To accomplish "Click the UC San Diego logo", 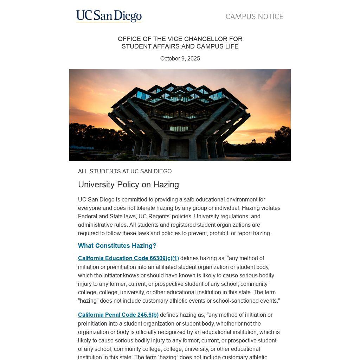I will pos(109,16).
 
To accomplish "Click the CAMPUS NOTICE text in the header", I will pos(254,17).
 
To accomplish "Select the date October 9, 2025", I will pos(180,59).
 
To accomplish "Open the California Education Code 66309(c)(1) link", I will pos(128,258).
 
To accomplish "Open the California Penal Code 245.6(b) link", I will pos(118,315).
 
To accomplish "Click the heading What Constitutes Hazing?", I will pos(117,246).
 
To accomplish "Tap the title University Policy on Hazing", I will pos(128,185).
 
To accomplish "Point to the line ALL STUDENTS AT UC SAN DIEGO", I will pos(125,172).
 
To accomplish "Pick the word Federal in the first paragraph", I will pos(88,217).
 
